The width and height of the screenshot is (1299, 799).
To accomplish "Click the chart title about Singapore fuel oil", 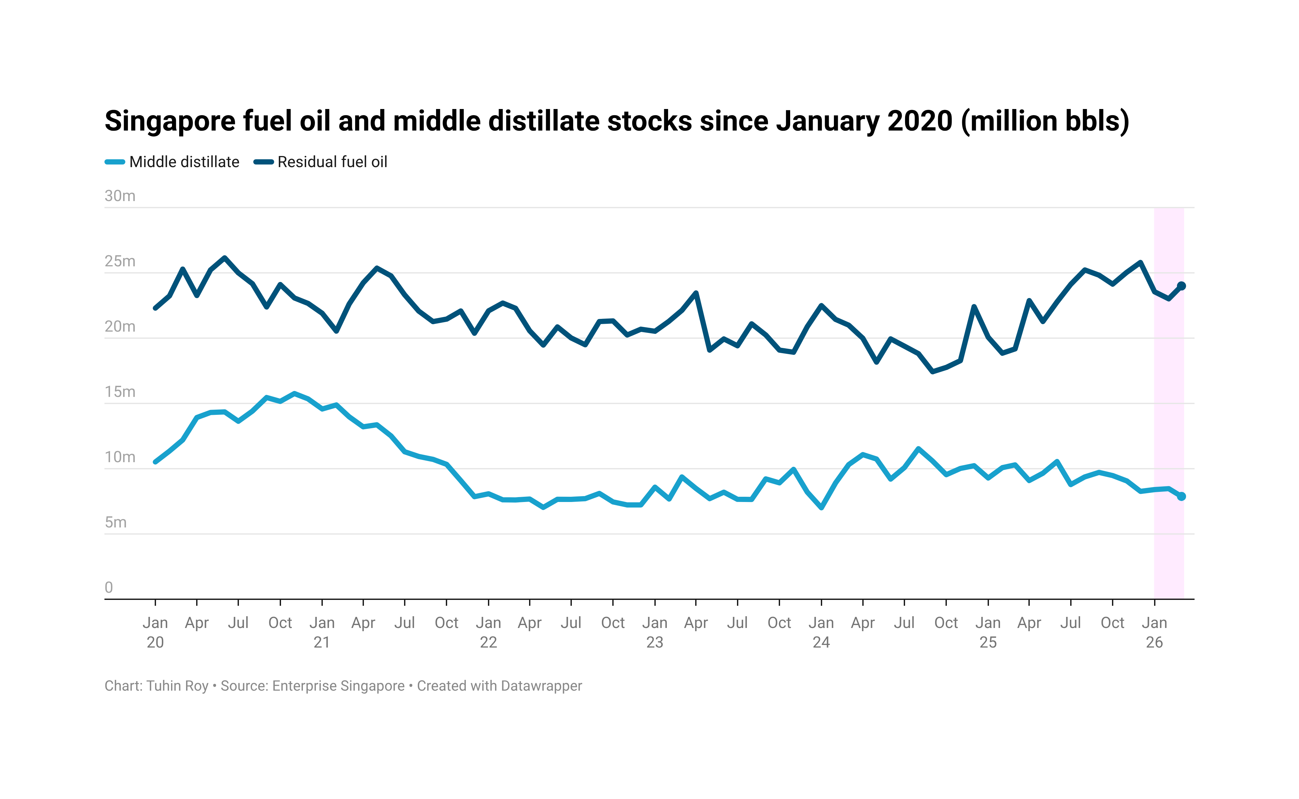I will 617,121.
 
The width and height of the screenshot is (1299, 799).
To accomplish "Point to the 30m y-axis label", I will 120,196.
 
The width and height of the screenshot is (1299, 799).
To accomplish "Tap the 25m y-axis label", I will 120,261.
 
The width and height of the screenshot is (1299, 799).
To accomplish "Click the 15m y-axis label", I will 120,392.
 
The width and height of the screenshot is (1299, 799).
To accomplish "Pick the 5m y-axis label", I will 116,522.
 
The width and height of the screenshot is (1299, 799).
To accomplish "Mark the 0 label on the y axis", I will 109,587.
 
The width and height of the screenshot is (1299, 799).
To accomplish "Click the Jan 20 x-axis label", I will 155,632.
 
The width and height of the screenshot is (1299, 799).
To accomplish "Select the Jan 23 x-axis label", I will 654,632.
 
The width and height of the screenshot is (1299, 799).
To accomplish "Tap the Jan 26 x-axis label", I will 1154,632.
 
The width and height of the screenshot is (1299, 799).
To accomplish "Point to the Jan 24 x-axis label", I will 821,632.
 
